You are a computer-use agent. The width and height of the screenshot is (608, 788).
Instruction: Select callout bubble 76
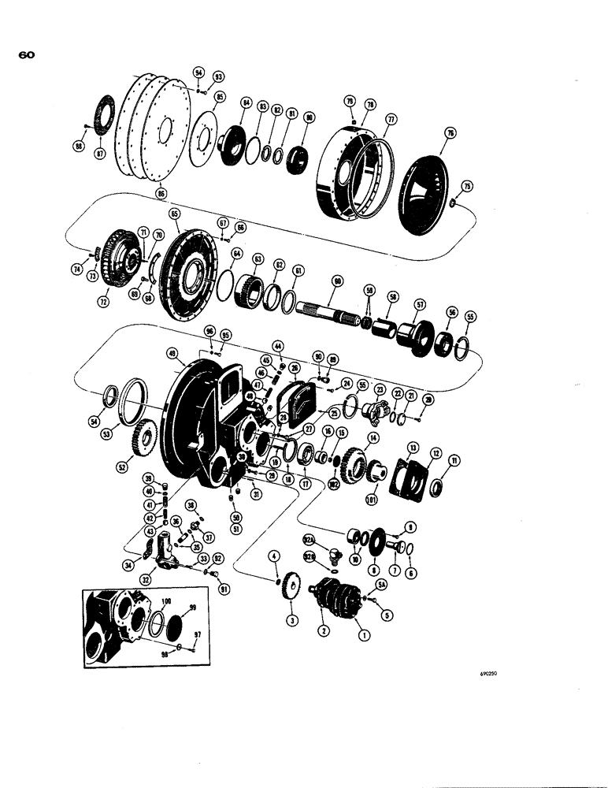450,135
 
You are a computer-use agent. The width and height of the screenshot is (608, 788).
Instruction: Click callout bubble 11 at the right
454,460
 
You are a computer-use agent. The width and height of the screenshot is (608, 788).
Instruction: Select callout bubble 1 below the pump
363,634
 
